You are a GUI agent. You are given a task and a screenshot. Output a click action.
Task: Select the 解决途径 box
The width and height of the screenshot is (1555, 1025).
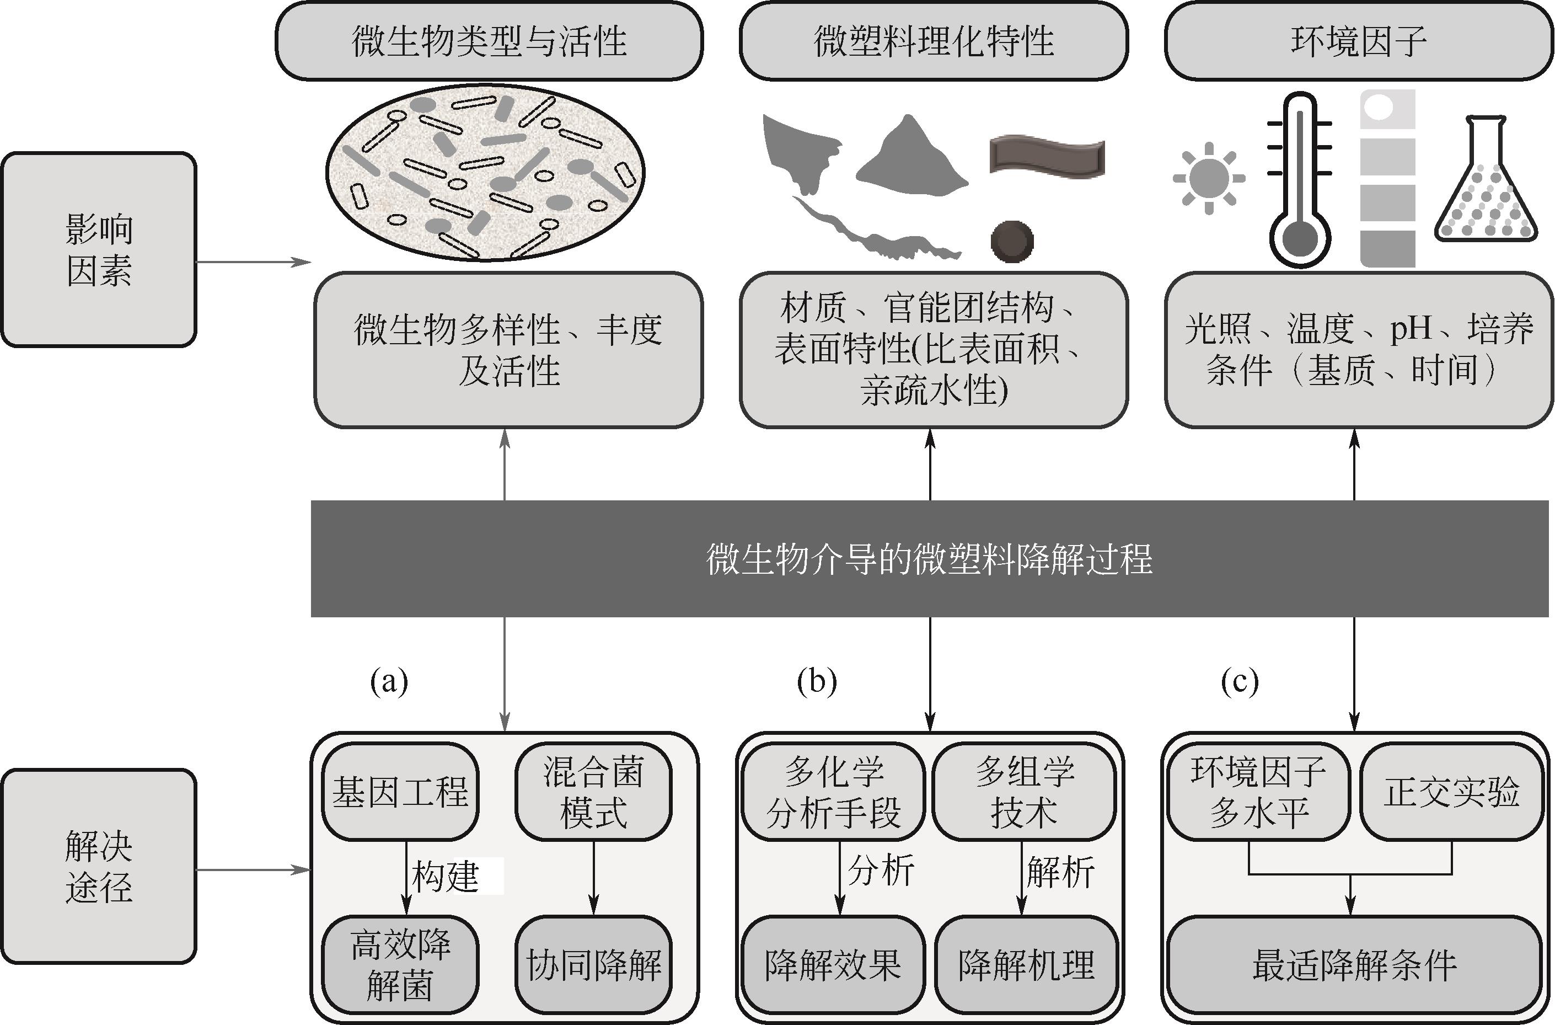[99, 866]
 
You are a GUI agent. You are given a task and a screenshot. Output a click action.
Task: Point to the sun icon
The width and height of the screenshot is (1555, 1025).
[1209, 178]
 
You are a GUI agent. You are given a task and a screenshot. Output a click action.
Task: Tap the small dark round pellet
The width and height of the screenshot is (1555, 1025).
[1012, 241]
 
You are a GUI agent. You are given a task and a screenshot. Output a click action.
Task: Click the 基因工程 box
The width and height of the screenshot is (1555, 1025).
[400, 792]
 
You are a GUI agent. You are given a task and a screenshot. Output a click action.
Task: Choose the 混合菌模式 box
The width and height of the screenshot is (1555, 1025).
[593, 792]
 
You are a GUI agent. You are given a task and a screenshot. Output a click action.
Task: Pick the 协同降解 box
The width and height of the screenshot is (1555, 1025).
[593, 964]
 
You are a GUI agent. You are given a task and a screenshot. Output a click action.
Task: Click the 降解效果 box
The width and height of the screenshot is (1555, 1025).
[833, 964]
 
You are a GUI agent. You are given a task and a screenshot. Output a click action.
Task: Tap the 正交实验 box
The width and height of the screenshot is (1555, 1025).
[1452, 792]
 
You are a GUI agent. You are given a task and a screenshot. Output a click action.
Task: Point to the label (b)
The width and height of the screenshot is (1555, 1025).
[817, 681]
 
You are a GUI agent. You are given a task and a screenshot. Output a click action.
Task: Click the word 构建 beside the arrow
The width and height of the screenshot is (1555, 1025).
[446, 876]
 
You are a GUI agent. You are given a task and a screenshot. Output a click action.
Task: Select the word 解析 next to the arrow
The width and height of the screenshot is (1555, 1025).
[1060, 872]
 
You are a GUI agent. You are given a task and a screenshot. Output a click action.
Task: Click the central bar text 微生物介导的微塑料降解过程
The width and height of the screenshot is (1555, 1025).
[929, 559]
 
